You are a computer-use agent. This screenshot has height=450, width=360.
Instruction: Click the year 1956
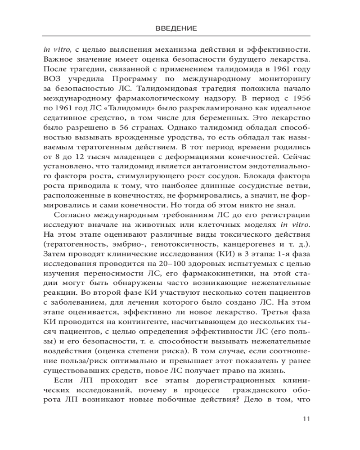point(301,98)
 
